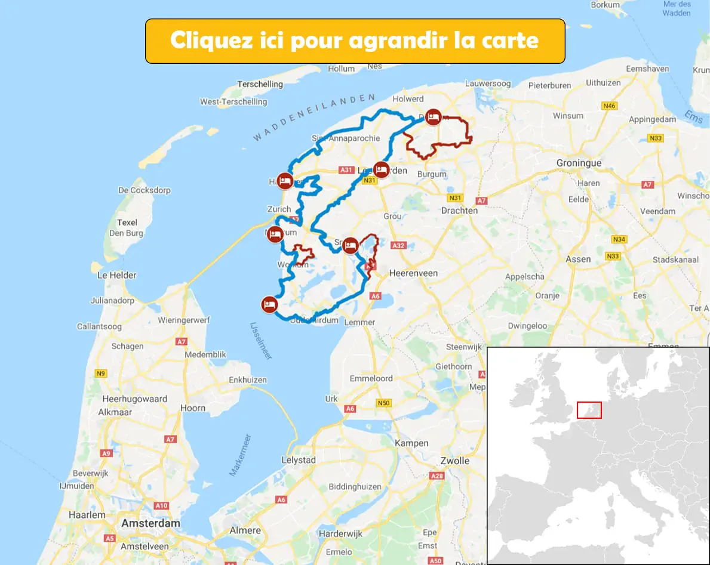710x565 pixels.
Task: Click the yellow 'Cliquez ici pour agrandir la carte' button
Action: (x=355, y=41)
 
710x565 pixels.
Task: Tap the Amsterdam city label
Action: (x=150, y=523)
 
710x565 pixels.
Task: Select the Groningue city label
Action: (x=579, y=163)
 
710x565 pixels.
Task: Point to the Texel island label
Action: (x=127, y=223)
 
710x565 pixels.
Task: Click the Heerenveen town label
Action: (x=413, y=273)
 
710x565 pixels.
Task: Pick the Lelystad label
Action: (x=299, y=461)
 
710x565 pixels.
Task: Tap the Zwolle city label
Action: (x=454, y=461)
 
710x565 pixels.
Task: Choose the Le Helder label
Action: (x=116, y=275)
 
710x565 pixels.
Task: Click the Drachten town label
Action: (x=459, y=211)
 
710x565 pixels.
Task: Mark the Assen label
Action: (x=578, y=259)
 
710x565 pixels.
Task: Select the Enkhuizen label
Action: (x=247, y=379)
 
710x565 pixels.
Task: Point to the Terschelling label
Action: (x=260, y=84)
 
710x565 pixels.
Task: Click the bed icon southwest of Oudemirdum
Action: (x=269, y=304)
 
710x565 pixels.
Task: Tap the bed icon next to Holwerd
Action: (x=434, y=117)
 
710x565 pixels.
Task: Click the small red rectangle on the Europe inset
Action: (x=589, y=410)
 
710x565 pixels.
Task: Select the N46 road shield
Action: (x=609, y=106)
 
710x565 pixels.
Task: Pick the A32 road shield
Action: (x=398, y=245)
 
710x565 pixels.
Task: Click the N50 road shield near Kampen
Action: (x=383, y=403)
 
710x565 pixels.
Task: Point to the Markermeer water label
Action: (x=240, y=455)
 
